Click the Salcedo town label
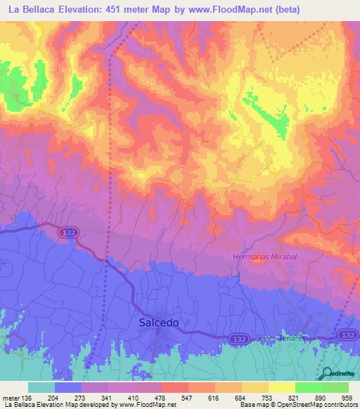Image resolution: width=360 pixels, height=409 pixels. [x=155, y=323]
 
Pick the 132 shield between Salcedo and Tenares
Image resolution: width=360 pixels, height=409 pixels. [x=237, y=339]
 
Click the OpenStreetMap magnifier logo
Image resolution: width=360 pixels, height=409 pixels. [x=326, y=373]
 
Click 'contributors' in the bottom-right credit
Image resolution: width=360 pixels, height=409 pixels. [x=339, y=405]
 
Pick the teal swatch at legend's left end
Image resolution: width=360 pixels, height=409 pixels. [x=41, y=387]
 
